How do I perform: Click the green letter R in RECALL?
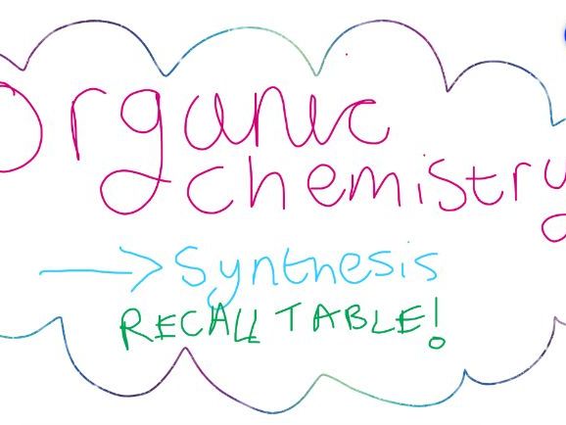[x=134, y=330]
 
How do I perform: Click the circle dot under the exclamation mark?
[x=437, y=343]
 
